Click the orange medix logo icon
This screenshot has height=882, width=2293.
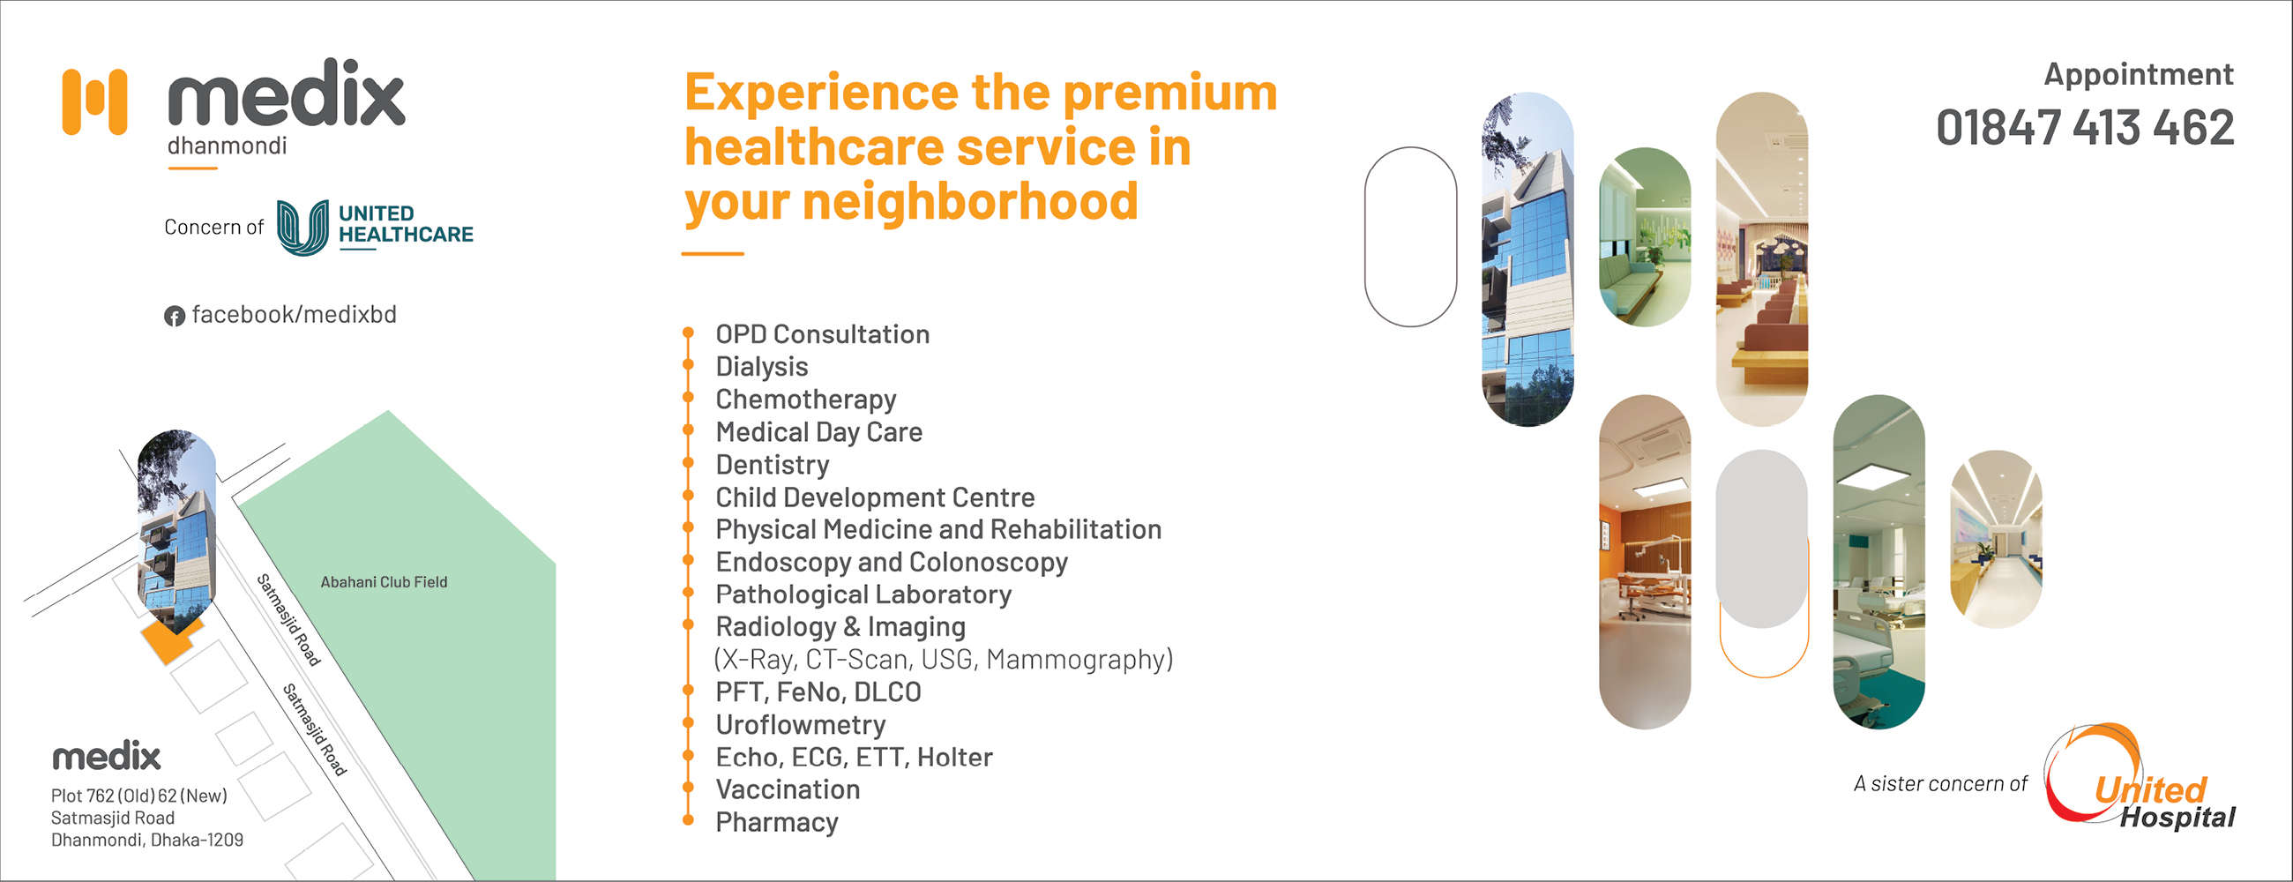click(94, 101)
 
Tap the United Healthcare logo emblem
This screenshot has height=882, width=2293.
click(302, 227)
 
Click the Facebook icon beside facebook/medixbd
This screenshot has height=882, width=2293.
click(175, 316)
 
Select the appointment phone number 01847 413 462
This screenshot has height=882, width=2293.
click(2085, 127)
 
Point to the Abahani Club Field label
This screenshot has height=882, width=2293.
click(384, 582)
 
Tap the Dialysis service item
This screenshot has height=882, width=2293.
click(762, 367)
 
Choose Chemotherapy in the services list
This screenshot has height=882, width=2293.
click(805, 400)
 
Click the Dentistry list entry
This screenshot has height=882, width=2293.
click(773, 465)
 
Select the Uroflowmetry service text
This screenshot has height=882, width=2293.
click(800, 724)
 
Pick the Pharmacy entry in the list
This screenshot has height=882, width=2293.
click(777, 822)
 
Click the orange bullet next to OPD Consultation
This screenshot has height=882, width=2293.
click(688, 333)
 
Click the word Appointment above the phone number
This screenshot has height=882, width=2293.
click(2138, 74)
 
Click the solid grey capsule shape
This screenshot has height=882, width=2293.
click(1761, 538)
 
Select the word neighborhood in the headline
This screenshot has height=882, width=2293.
click(971, 201)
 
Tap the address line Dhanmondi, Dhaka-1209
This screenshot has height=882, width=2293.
click(147, 841)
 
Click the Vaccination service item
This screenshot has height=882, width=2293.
click(788, 789)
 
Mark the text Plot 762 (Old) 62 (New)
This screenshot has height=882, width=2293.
click(138, 796)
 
